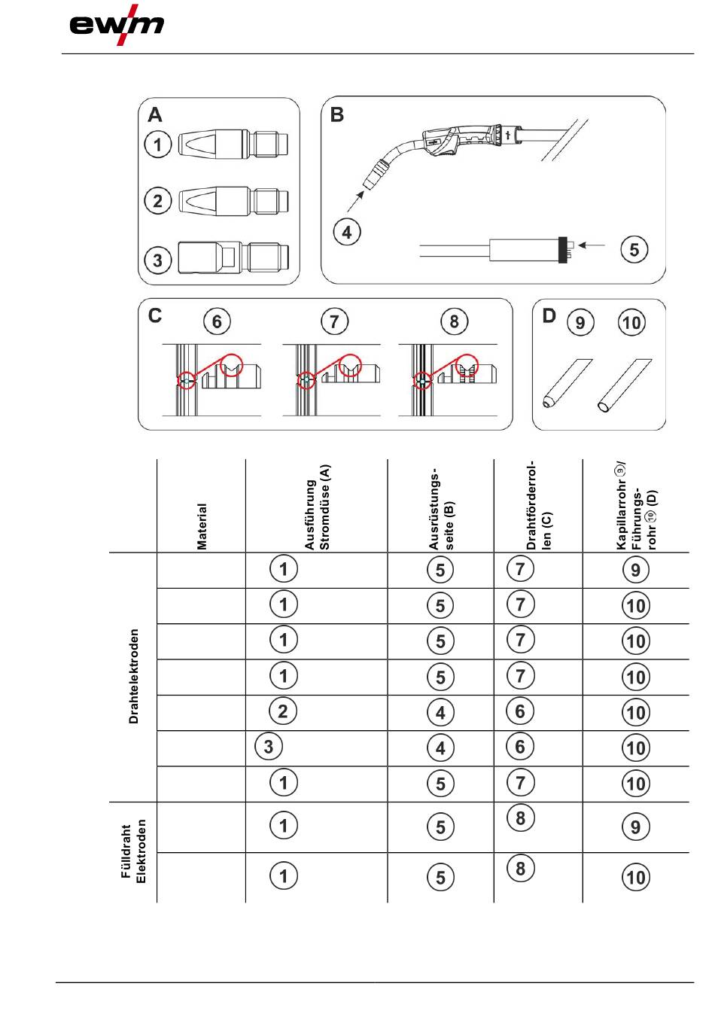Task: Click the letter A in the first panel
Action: pos(155,114)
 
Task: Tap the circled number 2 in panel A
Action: pos(158,201)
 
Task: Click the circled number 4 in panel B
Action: pos(347,232)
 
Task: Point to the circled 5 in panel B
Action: pos(634,249)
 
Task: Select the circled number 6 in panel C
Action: pos(217,322)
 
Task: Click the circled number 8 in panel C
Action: pos(454,322)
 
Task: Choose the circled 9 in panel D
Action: pos(580,323)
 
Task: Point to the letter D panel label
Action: pos(549,316)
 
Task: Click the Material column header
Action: pos(202,526)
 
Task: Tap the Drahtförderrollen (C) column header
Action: pos(538,507)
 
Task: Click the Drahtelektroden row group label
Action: pos(134,676)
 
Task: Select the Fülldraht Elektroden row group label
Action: pos(133,851)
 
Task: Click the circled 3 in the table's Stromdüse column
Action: pos(269,747)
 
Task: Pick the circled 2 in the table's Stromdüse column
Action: pos(284,711)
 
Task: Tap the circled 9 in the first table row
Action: pos(636,570)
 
